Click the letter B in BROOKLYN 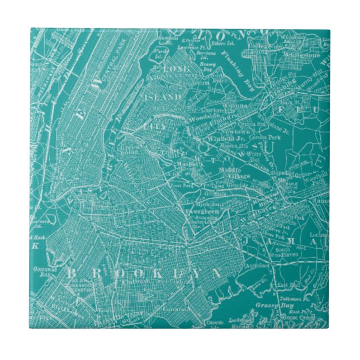coord(72,273)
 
